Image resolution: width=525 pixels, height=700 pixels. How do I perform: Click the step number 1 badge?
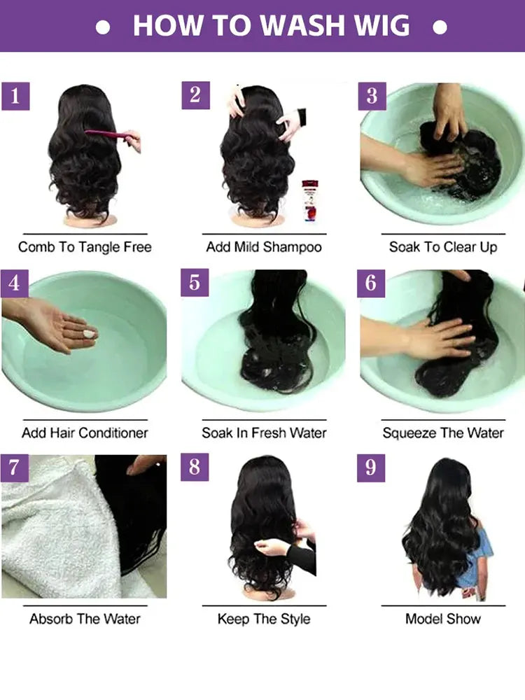tap(15, 96)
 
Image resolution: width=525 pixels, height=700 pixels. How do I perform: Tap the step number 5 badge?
tap(195, 282)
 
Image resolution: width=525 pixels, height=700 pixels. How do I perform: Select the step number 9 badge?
tap(371, 468)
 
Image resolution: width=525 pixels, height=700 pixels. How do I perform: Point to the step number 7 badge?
tap(15, 468)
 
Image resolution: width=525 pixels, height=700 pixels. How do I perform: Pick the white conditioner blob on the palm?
tap(90, 334)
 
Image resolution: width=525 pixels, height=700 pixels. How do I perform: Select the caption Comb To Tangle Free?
tap(85, 247)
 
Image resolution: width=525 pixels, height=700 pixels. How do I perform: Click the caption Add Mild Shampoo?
tap(264, 247)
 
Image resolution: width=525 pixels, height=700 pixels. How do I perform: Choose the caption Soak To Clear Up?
tap(443, 247)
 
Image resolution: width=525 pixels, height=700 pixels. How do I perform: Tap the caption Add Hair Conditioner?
tap(85, 433)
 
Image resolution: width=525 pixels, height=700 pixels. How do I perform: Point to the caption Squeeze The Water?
tap(443, 433)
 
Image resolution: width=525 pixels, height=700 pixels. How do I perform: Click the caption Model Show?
tap(443, 619)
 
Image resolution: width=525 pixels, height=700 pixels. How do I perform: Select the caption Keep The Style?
tap(264, 619)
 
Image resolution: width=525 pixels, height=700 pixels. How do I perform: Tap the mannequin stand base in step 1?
tap(85, 220)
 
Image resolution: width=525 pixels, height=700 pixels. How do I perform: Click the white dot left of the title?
tap(103, 27)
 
